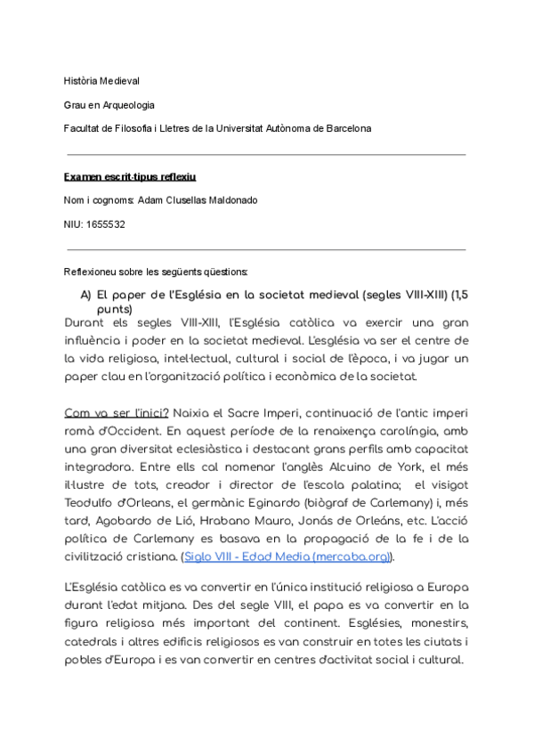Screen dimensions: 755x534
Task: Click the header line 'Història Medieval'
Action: [101, 81]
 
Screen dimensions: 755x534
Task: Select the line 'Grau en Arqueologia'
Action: [109, 105]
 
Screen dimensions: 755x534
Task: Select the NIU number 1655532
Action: [106, 224]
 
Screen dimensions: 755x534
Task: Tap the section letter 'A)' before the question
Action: [86, 294]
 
